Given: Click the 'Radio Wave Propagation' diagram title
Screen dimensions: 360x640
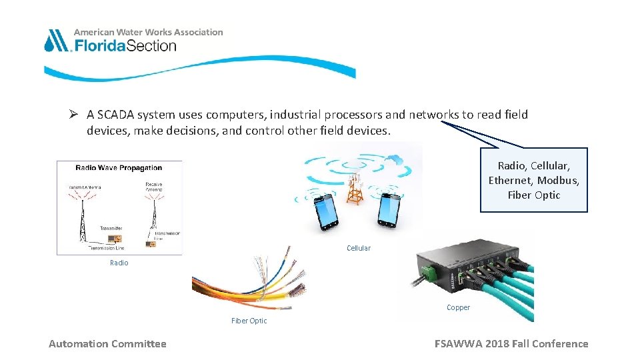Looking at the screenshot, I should [x=119, y=168].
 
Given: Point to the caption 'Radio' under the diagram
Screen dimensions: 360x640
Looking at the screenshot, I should [x=119, y=263].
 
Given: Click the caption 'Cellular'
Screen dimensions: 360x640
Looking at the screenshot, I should [x=359, y=248].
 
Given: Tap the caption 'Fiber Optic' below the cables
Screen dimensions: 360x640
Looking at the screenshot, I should [x=249, y=321].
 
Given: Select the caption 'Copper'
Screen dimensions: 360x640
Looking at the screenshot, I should [x=458, y=307].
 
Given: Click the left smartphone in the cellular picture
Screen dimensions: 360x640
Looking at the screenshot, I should [x=325, y=211].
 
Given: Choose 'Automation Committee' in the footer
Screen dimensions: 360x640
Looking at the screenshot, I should [x=107, y=344].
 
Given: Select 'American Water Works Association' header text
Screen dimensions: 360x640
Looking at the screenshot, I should [x=148, y=32].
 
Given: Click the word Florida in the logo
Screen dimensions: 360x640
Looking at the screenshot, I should [x=99, y=45].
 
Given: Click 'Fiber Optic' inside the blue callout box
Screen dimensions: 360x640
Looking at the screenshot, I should [x=533, y=195].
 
